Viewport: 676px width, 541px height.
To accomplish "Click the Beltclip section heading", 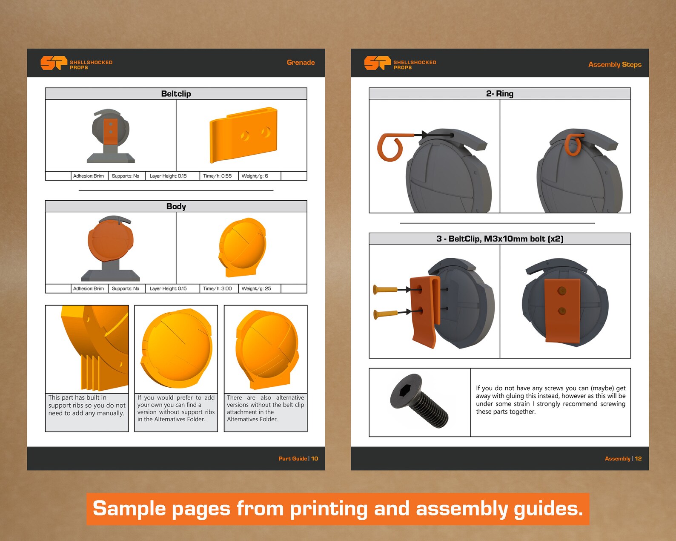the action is click(x=176, y=94).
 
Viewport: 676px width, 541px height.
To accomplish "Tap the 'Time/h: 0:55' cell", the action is click(x=218, y=176).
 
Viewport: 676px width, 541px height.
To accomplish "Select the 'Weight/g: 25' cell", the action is click(x=256, y=288).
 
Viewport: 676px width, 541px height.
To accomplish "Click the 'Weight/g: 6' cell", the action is click(x=255, y=176).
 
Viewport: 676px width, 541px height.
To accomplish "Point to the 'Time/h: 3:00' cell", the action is click(x=218, y=288).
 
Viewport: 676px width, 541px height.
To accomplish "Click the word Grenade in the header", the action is click(x=301, y=62).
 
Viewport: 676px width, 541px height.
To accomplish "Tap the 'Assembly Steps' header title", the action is click(x=615, y=64).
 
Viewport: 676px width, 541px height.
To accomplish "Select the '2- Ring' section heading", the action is click(x=499, y=94).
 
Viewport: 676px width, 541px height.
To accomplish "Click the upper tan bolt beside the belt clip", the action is click(x=385, y=289).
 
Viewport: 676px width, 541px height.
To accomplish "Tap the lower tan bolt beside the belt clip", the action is click(x=385, y=314).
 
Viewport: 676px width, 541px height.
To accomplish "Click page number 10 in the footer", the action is click(x=315, y=459).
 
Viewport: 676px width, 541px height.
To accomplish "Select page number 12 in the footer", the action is click(x=638, y=459).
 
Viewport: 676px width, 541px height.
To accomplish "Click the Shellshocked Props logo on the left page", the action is click(x=76, y=63).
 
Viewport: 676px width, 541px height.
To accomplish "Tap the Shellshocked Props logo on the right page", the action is click(x=400, y=63).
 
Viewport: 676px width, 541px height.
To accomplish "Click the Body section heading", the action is click(x=176, y=206).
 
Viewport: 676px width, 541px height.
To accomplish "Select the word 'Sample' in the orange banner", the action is click(x=129, y=508).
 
